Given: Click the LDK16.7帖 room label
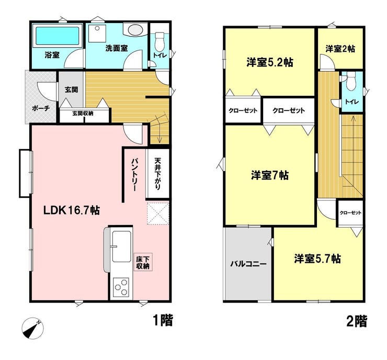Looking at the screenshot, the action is (72, 211).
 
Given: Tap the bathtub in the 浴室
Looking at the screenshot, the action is (58, 36).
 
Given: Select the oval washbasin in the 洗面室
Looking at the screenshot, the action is (135, 30).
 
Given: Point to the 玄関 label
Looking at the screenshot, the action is (72, 89).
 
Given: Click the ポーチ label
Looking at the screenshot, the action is (41, 108).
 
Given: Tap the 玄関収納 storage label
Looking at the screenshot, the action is (83, 114).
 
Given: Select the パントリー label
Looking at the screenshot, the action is (135, 174).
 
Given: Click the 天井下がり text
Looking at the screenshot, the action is (157, 174).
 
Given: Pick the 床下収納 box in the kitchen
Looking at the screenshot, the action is (143, 263).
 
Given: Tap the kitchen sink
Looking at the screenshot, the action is (121, 246).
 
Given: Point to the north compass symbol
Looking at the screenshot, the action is (33, 328).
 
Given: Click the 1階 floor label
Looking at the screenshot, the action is (163, 320).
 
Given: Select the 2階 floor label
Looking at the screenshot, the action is (357, 321).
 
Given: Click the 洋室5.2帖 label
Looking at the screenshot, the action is (270, 62).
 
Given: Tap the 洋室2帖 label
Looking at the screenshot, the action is (340, 49).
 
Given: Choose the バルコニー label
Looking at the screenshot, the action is (248, 264).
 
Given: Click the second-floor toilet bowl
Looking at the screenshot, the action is (351, 82).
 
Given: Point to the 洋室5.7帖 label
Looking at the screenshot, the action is (317, 259).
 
